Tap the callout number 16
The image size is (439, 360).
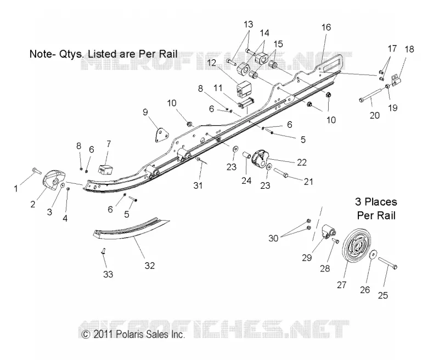click(x=326, y=27)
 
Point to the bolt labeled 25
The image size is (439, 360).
click(x=387, y=263)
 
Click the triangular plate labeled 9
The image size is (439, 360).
click(x=161, y=136)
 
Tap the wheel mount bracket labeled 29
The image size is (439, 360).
click(x=329, y=232)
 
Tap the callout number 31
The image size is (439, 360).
click(x=198, y=185)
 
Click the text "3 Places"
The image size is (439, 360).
click(x=376, y=201)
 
